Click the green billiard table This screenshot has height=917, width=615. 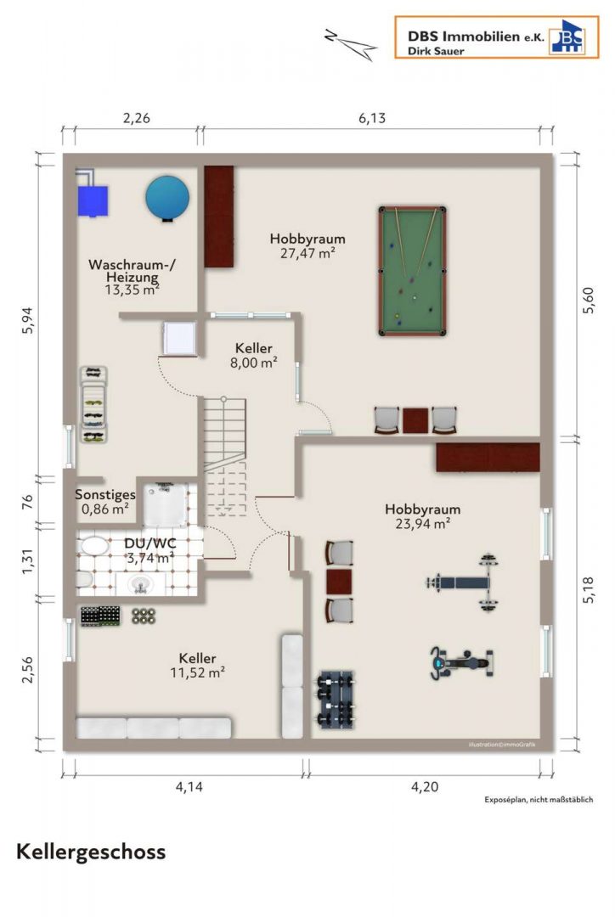(x=413, y=271)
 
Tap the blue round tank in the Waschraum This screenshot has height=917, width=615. (x=168, y=198)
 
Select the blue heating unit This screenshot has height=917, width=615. (x=93, y=200)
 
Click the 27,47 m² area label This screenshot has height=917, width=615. (x=307, y=253)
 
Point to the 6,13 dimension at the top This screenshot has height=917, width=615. (x=372, y=118)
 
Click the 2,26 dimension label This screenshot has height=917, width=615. (x=137, y=118)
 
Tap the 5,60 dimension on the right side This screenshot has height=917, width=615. (x=589, y=301)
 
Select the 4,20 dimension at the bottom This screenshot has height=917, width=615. (x=424, y=786)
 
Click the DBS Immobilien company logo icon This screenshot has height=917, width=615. (x=567, y=37)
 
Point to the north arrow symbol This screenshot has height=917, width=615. (x=351, y=44)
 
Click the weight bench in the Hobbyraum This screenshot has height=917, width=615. (x=463, y=582)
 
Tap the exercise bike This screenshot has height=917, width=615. (x=462, y=663)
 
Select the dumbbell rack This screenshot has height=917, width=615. (x=336, y=699)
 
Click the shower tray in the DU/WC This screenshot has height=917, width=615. (x=166, y=504)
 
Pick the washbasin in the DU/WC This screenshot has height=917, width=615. (x=140, y=583)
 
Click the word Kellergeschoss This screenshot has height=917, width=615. (x=91, y=852)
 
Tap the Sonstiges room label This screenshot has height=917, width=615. (x=105, y=495)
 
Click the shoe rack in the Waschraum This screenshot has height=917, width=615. (x=93, y=404)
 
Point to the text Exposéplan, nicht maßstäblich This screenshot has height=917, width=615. (x=539, y=800)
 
